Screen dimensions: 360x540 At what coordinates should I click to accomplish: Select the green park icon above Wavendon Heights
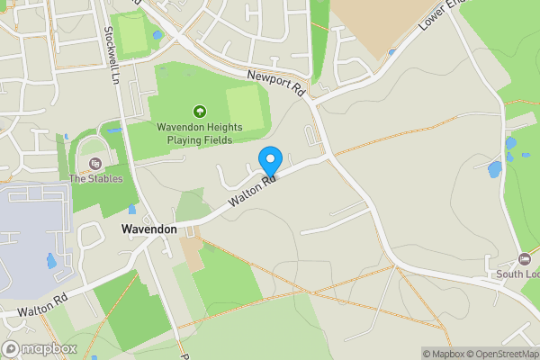(x=199, y=112)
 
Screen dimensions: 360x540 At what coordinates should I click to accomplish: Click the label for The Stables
(x=96, y=178)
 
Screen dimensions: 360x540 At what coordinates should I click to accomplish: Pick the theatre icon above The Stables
(x=95, y=164)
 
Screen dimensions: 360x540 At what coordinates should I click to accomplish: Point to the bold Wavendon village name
(x=148, y=229)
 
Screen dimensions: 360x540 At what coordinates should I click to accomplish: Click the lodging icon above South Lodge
(x=526, y=259)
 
